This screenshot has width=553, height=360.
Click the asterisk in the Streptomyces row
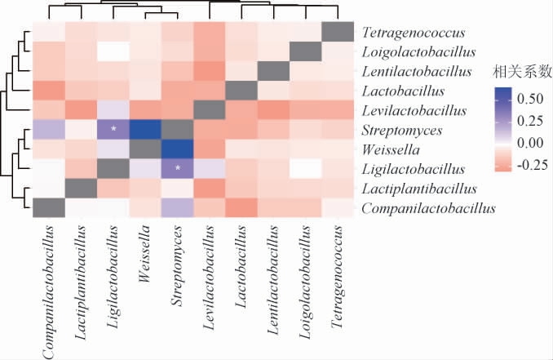[114, 129]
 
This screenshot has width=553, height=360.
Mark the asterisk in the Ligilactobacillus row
[178, 168]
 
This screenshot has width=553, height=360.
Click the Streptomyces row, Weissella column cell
[146, 129]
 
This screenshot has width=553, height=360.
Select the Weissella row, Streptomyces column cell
[178, 149]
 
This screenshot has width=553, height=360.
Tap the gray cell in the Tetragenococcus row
[336, 30]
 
